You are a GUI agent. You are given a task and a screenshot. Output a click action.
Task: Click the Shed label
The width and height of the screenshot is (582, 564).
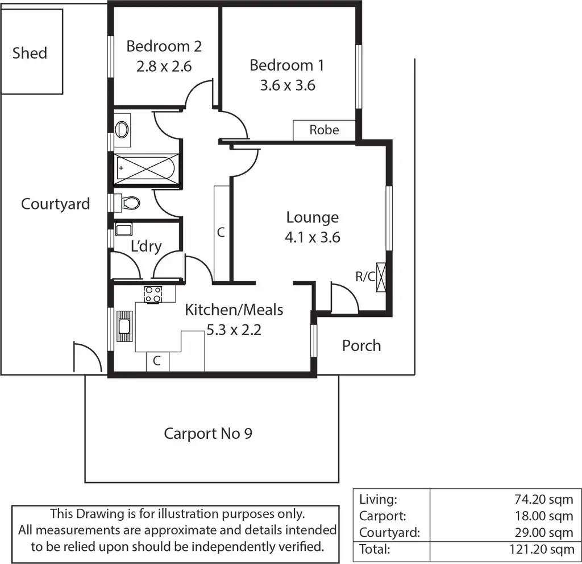30,53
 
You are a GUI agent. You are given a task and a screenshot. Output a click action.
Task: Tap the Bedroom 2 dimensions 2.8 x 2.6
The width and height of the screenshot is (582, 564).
164,66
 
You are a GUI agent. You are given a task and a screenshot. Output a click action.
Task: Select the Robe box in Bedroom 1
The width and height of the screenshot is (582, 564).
324,130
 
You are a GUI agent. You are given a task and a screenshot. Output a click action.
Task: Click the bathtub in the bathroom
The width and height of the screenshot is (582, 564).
147,168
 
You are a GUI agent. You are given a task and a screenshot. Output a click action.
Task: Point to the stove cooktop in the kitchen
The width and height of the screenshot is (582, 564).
152,294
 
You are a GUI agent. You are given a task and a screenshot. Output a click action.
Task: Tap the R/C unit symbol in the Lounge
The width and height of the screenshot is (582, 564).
381,277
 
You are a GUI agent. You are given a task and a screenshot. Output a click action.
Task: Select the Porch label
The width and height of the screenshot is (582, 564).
361,345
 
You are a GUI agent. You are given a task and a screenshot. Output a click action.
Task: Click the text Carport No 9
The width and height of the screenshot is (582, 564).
208,434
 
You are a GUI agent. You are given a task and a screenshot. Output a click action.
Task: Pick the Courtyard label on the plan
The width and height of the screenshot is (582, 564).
55,204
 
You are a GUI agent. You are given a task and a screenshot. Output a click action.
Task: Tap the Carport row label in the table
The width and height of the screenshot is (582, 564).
383,516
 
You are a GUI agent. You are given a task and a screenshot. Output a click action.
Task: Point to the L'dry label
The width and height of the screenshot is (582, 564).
146,246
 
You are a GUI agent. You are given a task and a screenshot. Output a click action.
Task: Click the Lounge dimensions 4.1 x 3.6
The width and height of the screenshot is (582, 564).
312,237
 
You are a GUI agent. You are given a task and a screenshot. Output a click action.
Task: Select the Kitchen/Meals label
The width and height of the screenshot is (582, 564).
234,310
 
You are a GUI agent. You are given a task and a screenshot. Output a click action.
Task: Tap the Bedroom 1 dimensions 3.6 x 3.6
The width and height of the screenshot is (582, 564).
287,85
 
